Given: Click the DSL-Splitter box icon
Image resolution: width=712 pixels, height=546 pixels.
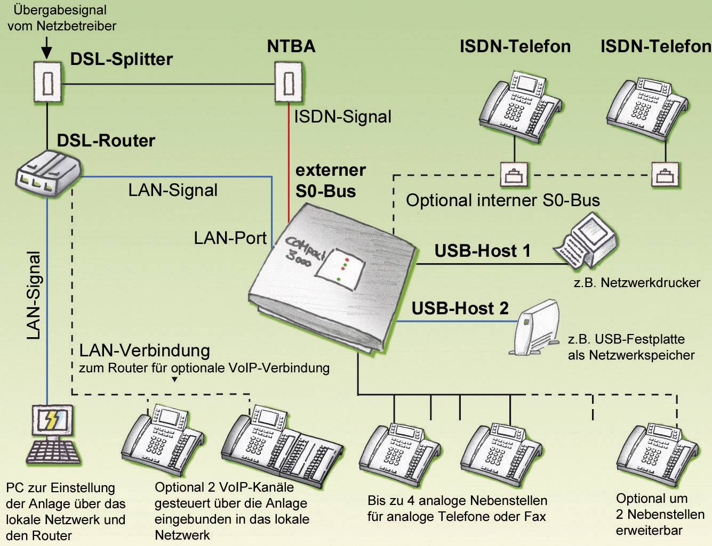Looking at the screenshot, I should [47, 83].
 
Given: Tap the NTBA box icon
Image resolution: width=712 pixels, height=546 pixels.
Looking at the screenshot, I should [289, 82].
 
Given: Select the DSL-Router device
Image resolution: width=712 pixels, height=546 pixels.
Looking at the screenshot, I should [47, 173].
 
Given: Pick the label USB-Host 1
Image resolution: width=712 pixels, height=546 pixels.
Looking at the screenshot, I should [482, 251].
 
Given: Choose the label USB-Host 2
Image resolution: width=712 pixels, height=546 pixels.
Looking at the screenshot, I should [460, 308].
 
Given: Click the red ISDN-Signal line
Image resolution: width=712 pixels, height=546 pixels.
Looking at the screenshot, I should [289, 160].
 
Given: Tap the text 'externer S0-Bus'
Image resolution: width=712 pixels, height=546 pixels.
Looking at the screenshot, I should [330, 181].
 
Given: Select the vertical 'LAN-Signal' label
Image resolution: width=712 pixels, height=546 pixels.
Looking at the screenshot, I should [34, 295].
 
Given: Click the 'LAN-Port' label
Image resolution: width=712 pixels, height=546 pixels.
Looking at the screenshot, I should [230, 238].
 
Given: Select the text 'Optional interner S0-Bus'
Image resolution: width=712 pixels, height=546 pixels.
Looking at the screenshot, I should [502, 201].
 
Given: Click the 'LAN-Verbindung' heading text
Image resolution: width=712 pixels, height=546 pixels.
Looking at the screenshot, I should [145, 351].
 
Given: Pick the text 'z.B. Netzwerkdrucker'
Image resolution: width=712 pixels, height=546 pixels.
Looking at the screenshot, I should [637, 283].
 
